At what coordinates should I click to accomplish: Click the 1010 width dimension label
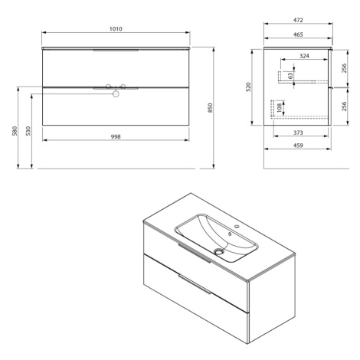click(x=116, y=29)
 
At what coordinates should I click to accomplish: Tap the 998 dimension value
click(x=116, y=137)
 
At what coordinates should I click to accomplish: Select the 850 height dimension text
click(x=210, y=108)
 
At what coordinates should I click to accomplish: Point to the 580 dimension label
click(x=15, y=131)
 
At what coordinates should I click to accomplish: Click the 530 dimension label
click(x=28, y=131)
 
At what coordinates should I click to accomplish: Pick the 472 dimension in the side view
click(x=298, y=20)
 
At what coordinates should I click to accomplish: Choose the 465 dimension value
click(x=298, y=34)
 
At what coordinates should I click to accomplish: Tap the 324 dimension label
click(x=304, y=56)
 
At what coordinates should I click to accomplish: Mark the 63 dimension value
click(x=290, y=76)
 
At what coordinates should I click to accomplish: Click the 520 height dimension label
click(x=249, y=87)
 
